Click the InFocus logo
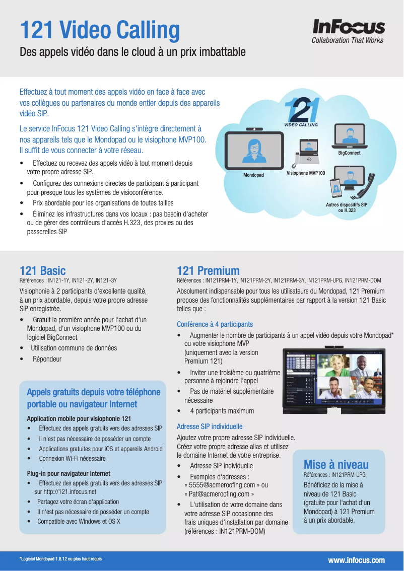coord(348,31)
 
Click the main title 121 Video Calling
coord(100,30)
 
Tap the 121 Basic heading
coord(43,271)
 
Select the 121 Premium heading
coord(208,271)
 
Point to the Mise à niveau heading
coord(336,464)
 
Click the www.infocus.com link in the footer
coord(356,560)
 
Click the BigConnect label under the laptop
coord(349,153)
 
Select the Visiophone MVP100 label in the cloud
coord(306,173)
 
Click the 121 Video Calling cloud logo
coord(302,112)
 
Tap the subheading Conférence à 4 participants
coord(215,324)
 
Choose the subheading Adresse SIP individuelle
coord(210,426)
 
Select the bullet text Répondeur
coord(47,359)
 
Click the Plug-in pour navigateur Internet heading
coord(69,473)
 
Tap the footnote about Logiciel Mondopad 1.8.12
coord(60,559)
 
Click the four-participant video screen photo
coord(333,379)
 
